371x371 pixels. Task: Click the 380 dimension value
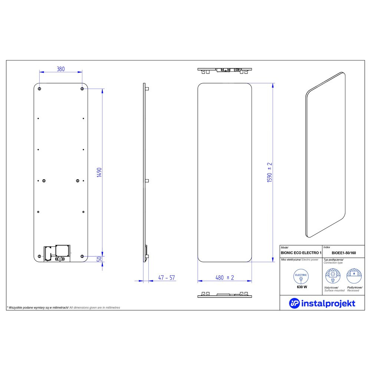click(61, 69)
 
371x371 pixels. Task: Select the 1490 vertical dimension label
click(99, 172)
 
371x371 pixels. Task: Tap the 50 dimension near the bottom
click(99, 259)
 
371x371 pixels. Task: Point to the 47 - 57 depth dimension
click(167, 278)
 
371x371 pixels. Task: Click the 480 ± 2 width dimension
click(225, 278)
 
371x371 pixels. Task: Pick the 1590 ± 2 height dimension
click(269, 172)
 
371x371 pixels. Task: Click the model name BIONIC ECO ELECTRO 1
click(301, 253)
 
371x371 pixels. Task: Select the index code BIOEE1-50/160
click(344, 253)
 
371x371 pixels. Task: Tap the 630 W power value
click(302, 287)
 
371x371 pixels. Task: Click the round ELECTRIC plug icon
click(301, 276)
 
